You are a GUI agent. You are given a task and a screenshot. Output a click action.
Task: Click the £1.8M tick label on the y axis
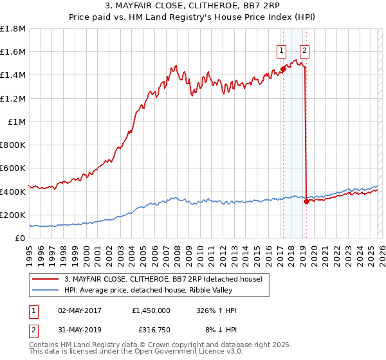click(13, 29)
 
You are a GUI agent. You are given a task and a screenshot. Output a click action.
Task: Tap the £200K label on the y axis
click(13, 215)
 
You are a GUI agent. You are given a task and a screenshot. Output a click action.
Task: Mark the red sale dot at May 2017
click(282, 69)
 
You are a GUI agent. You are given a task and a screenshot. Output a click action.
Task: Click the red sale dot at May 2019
click(306, 201)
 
